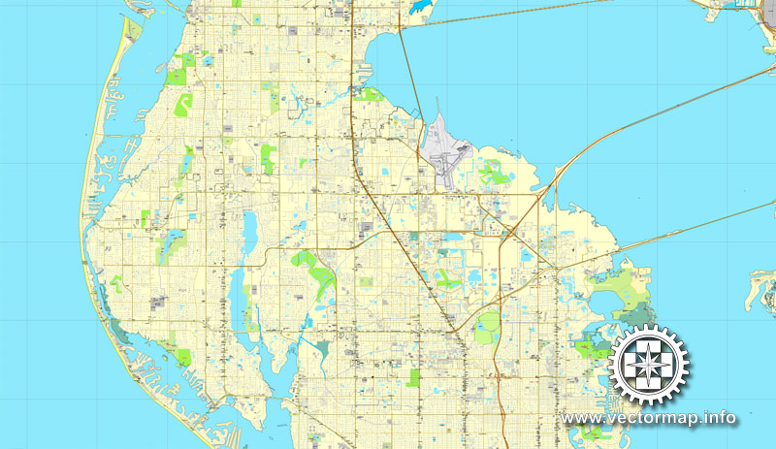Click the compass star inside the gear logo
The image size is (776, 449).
pyautogui.click(x=649, y=366)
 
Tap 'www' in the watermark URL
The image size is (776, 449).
pyautogui.click(x=579, y=419)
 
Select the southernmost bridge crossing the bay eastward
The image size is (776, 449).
pyautogui.click(x=679, y=233)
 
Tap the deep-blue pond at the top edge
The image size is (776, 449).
pyautogui.click(x=420, y=7)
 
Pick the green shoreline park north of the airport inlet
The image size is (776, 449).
pyautogui.click(x=368, y=95)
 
